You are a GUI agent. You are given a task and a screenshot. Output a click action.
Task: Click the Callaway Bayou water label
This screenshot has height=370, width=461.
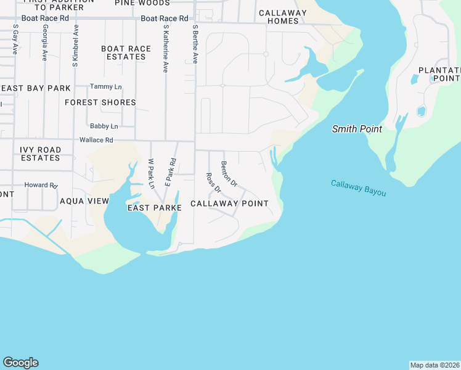[358, 188]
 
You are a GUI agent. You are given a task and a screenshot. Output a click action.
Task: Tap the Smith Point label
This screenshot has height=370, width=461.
[357, 129]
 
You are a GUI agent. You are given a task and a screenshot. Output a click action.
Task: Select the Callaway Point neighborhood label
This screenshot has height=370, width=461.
[229, 203]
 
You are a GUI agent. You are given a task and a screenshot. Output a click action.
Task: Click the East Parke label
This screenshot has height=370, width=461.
[154, 208]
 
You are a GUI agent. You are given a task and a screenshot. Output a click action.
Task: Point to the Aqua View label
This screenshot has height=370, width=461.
[84, 201]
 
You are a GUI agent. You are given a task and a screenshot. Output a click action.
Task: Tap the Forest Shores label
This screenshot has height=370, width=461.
[100, 102]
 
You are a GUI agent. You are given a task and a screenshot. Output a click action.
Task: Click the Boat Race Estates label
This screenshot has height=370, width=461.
[126, 52]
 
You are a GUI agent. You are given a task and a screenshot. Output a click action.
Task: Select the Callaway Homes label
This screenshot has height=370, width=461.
[283, 17]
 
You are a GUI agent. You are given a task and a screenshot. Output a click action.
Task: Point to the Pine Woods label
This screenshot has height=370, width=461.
[142, 3]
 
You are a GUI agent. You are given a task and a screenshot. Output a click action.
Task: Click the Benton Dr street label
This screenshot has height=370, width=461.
[229, 173]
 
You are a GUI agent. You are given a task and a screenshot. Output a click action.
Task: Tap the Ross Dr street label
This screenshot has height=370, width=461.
[213, 183]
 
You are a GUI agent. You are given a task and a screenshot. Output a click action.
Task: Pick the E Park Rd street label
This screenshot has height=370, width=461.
[171, 173]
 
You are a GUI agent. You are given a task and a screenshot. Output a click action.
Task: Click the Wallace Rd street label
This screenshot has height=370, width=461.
[96, 140]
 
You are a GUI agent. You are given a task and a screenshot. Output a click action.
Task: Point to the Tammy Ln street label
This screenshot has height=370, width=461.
[105, 86]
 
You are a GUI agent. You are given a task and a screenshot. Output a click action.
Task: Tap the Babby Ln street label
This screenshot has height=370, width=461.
[103, 126]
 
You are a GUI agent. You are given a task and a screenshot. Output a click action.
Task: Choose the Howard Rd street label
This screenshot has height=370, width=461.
[41, 185]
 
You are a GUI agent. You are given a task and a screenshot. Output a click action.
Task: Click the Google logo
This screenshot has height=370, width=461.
[20, 363]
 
